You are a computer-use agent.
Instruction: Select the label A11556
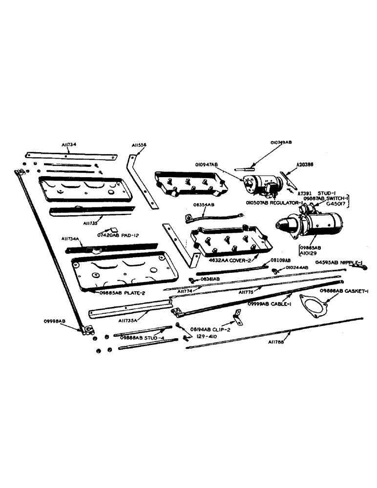[x=139, y=145]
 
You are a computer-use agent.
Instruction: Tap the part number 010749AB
[x=280, y=142]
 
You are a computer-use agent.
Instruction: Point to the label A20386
[x=305, y=165]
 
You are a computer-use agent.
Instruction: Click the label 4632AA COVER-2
[x=230, y=260]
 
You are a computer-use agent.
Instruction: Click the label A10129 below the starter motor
[x=306, y=254]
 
